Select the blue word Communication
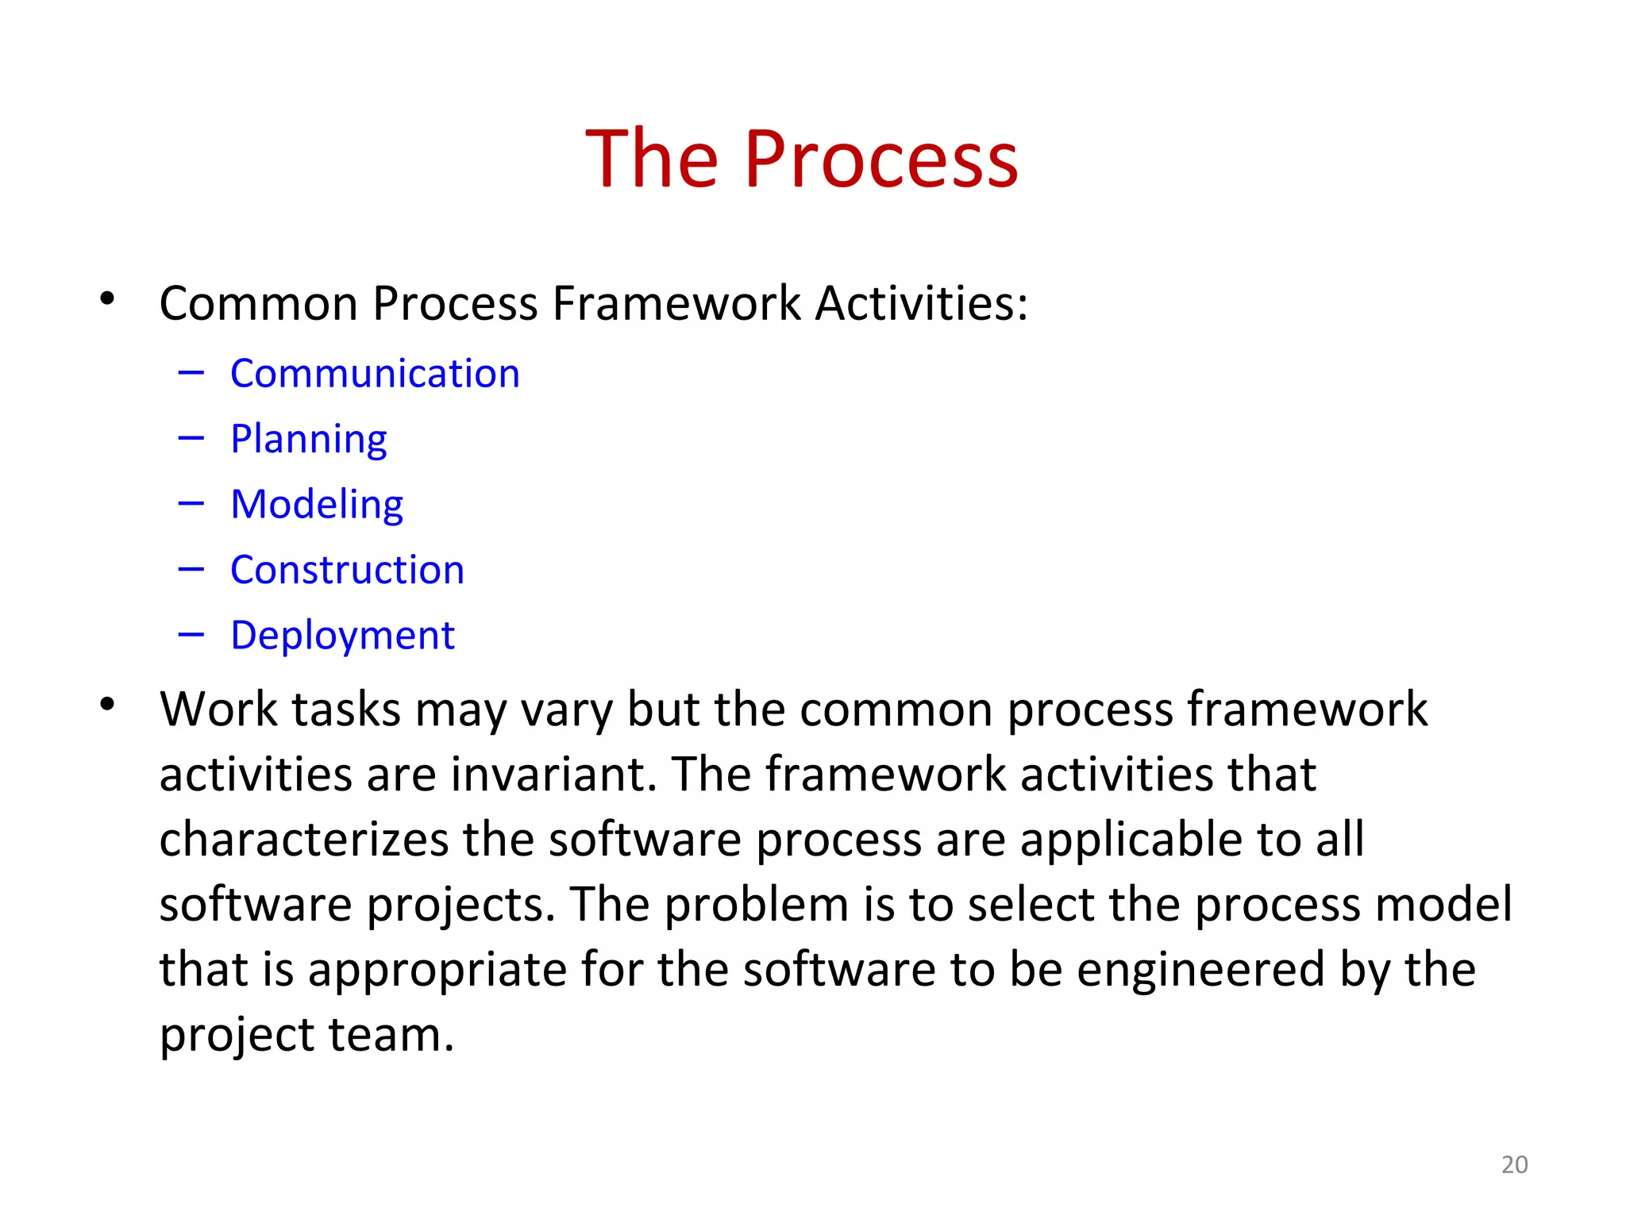pos(375,373)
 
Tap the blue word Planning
pos(308,439)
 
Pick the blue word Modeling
pos(316,505)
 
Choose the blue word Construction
pos(347,570)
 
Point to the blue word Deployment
pos(342,636)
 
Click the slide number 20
pos(1514,1164)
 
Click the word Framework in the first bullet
pos(676,303)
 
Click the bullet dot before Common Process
pos(107,300)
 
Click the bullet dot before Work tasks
pos(107,704)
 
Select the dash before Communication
pos(191,371)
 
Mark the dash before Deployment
pos(191,634)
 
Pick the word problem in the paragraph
pos(756,905)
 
